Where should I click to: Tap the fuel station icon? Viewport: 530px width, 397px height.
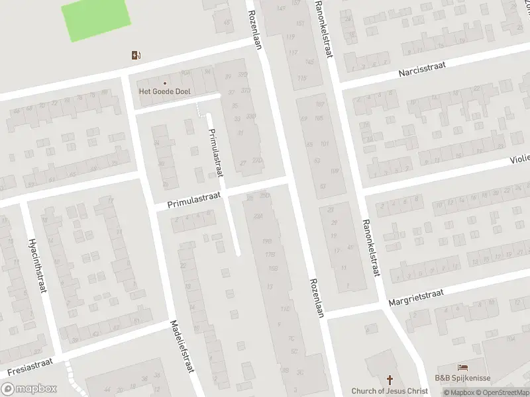[x=136, y=56]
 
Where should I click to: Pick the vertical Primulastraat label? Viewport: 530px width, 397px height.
[x=215, y=150]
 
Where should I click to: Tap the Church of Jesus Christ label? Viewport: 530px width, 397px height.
[x=390, y=391]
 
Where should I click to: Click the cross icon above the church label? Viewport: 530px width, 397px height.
[x=390, y=380]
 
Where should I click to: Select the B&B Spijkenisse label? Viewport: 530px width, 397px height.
[x=462, y=378]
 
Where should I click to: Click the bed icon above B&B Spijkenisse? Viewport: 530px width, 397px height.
[x=462, y=367]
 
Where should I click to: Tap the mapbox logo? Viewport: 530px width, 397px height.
[x=28, y=389]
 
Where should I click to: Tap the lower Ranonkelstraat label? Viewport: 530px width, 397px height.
[x=370, y=247]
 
